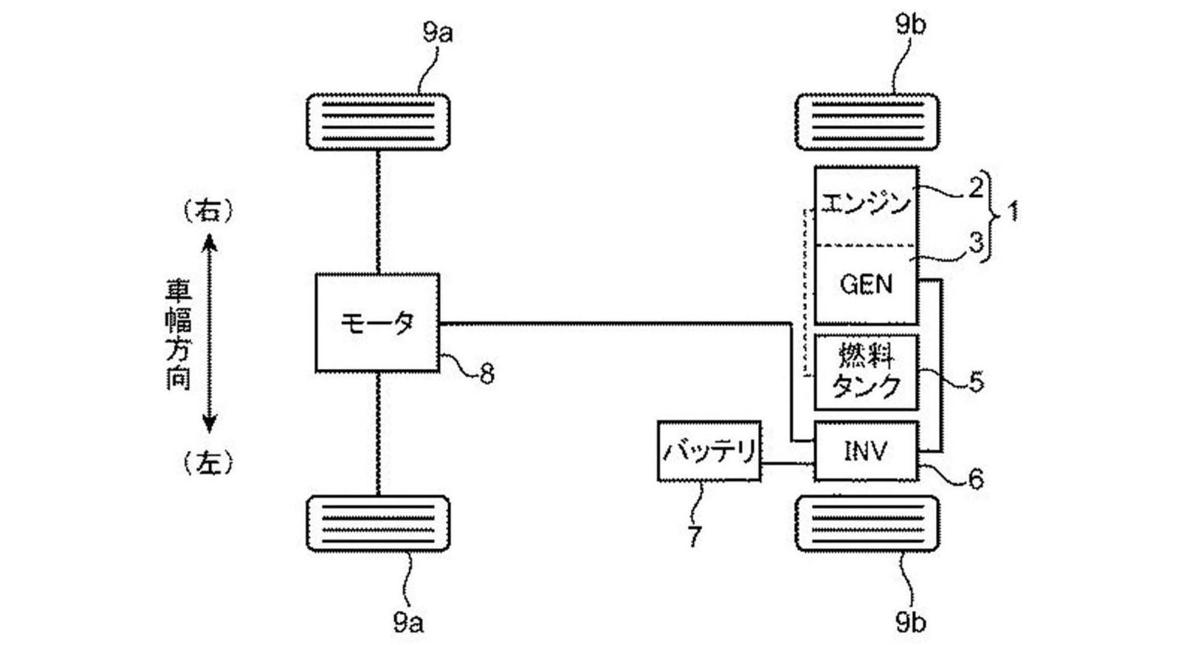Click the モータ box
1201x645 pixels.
coord(377,322)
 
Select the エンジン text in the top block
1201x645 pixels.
coord(865,203)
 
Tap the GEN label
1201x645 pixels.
coord(866,284)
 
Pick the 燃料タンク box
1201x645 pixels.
coord(866,372)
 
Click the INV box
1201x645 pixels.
coord(866,451)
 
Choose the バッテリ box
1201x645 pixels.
coord(709,451)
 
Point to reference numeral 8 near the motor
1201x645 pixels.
coord(486,374)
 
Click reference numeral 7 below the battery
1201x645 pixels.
coord(694,537)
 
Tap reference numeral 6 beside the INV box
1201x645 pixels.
coord(975,480)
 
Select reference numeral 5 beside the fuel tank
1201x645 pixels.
coord(976,382)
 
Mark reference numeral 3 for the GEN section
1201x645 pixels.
coord(976,242)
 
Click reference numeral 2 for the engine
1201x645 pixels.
coord(976,187)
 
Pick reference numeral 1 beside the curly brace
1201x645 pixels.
coord(1013,212)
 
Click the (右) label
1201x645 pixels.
coord(208,211)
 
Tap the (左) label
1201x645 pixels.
coord(208,463)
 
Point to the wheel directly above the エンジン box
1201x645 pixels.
coord(867,122)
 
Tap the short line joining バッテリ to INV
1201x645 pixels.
coord(787,463)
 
